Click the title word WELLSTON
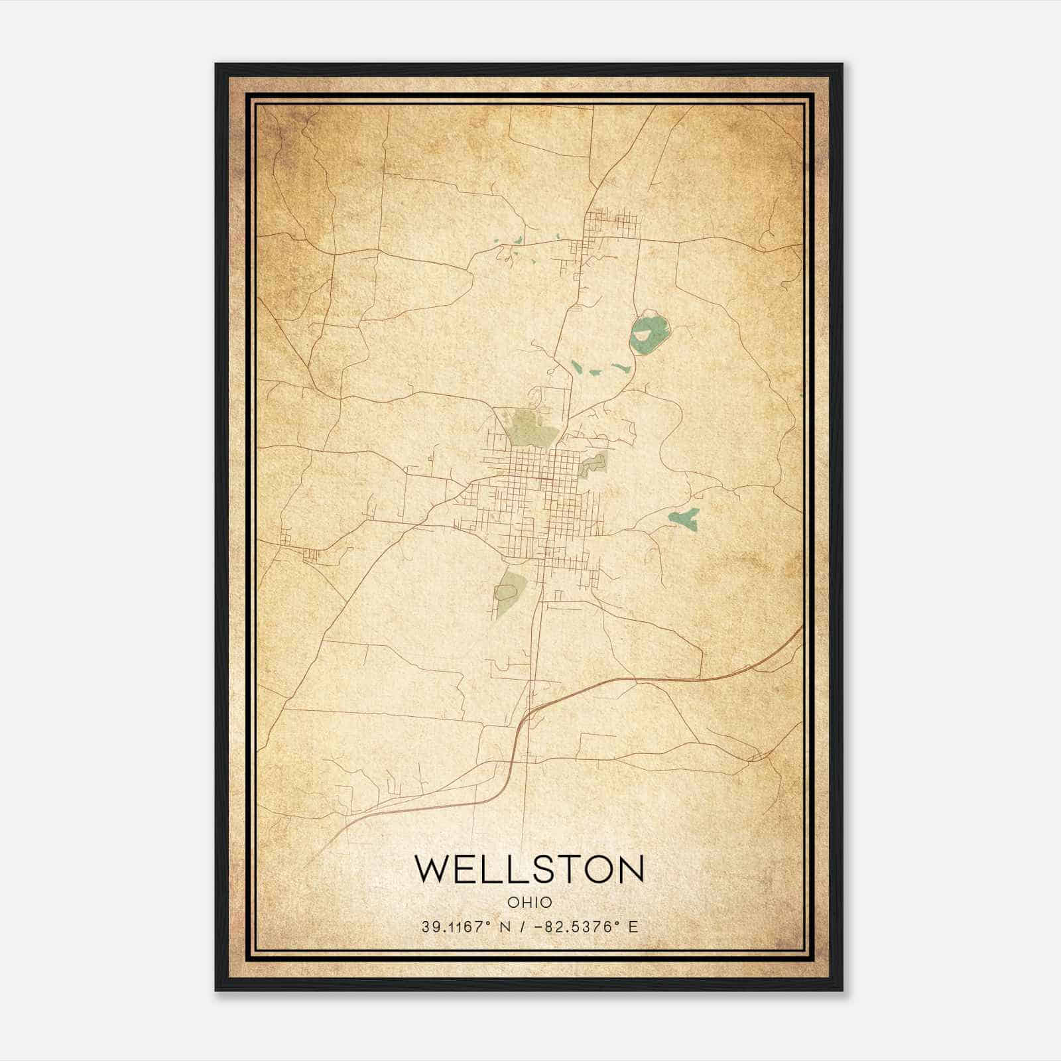(529, 869)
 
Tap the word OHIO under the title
(529, 902)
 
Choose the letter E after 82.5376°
(633, 927)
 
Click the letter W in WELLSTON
(434, 869)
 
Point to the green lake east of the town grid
(683, 517)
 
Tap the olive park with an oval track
(509, 590)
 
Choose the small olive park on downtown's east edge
(593, 464)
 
